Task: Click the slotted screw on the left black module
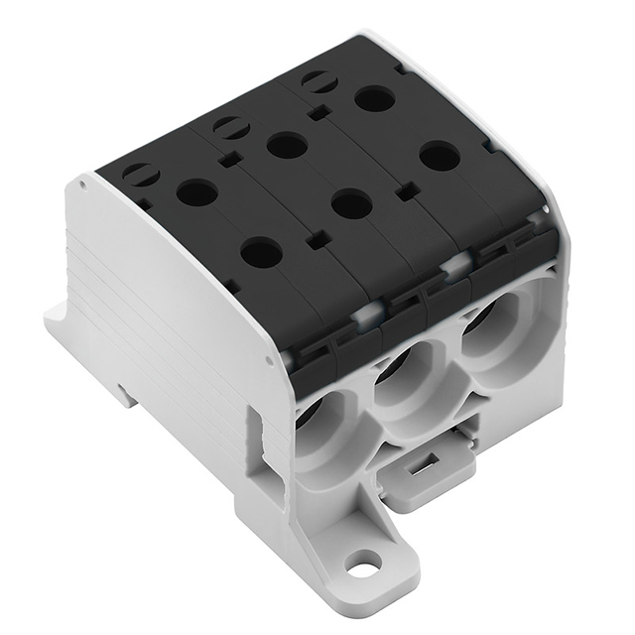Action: click(x=141, y=175)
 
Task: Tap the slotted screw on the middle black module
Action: click(x=231, y=127)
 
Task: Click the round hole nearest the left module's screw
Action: click(x=196, y=191)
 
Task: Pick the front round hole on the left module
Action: click(x=261, y=253)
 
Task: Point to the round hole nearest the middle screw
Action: click(x=287, y=146)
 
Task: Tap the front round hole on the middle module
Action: click(x=351, y=205)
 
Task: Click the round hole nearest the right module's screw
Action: click(x=375, y=98)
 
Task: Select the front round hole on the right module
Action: click(x=440, y=156)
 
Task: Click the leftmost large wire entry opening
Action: click(x=324, y=422)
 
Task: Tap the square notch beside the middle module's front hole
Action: click(x=317, y=240)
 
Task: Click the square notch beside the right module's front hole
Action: click(x=405, y=191)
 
